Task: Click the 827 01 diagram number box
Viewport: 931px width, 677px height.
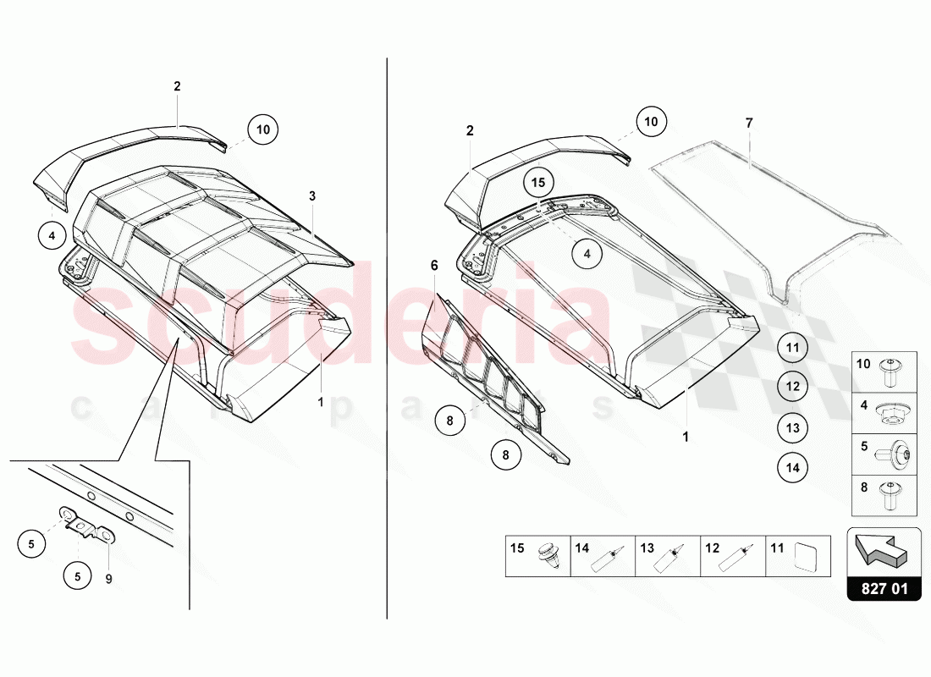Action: [884, 588]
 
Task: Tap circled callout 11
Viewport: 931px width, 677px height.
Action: [792, 347]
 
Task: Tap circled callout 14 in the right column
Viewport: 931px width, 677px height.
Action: [792, 466]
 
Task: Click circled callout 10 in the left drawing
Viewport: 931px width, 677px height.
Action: [263, 129]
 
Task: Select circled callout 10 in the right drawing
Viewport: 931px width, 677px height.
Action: [650, 122]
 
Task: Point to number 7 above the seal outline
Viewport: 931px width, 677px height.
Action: [748, 124]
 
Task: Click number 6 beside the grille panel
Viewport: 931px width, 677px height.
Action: [434, 266]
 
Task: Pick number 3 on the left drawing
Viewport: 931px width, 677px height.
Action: [312, 196]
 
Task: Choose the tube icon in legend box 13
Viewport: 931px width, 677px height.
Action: [676, 556]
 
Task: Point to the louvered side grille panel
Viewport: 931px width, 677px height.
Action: [491, 372]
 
